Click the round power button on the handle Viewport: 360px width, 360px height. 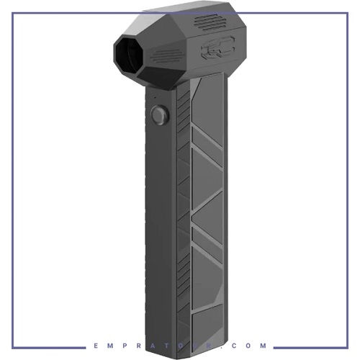(x=160, y=115)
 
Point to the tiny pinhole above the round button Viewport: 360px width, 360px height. (x=155, y=97)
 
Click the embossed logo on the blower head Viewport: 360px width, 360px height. (x=217, y=48)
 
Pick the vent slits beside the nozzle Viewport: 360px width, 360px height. (x=166, y=56)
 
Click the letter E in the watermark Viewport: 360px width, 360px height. (x=96, y=346)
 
